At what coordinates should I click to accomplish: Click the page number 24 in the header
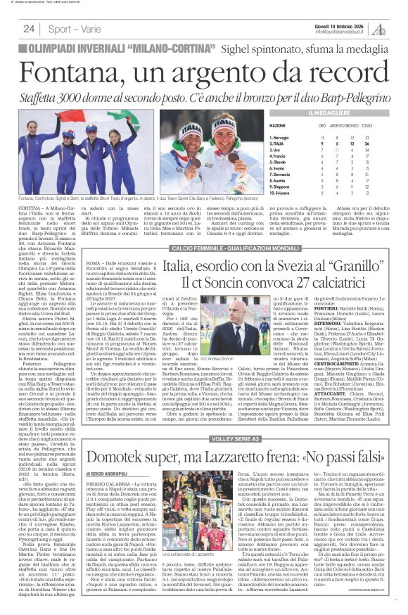[x=29, y=29]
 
